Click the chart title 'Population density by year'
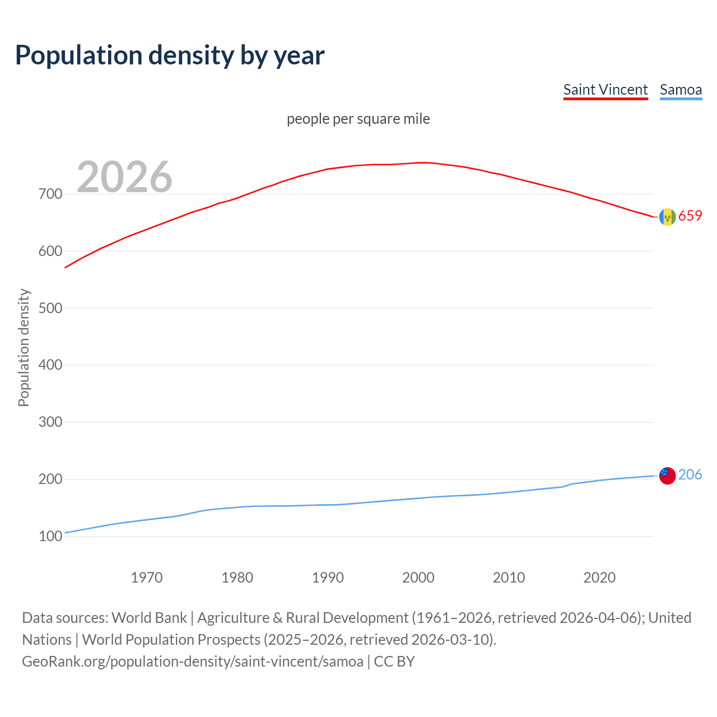click(x=170, y=55)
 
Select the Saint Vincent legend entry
click(x=605, y=90)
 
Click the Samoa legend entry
click(x=681, y=90)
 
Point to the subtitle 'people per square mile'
click(x=358, y=119)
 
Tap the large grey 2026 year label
click(x=124, y=177)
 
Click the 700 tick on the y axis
click(x=50, y=194)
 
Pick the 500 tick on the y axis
click(x=50, y=308)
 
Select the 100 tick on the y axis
click(x=50, y=537)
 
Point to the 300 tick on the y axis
click(x=50, y=422)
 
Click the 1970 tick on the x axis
click(x=147, y=578)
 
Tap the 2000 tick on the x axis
click(x=418, y=578)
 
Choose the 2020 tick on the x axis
click(x=599, y=578)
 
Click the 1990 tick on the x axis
click(x=328, y=578)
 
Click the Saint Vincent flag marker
click(x=667, y=217)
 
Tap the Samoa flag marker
click(x=667, y=476)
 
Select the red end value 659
click(x=690, y=216)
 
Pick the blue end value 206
click(x=690, y=474)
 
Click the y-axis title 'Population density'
click(x=24, y=347)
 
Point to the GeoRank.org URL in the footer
click(x=193, y=662)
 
